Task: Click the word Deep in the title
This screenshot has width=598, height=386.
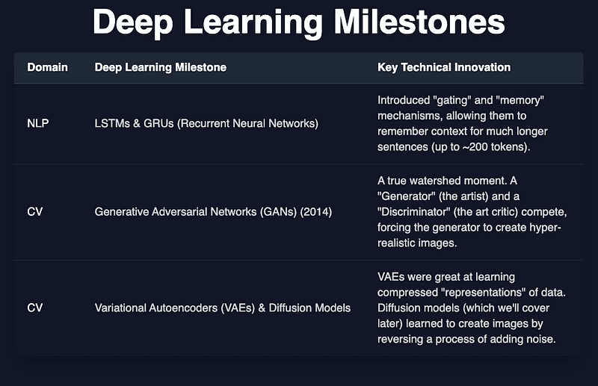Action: point(132,24)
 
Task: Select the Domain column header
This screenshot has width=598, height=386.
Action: point(47,67)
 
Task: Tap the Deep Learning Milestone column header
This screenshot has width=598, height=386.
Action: point(160,67)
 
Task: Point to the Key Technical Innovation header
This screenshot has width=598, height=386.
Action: point(444,67)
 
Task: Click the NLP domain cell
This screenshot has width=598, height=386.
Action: point(37,123)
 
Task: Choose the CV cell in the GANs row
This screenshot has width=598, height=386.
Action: point(34,212)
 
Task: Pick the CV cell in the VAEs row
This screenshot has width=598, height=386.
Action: point(34,308)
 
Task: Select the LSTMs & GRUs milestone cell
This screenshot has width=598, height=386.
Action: point(206,123)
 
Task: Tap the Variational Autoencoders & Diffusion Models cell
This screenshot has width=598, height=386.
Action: point(223,308)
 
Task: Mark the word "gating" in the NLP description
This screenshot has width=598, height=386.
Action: point(449,100)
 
